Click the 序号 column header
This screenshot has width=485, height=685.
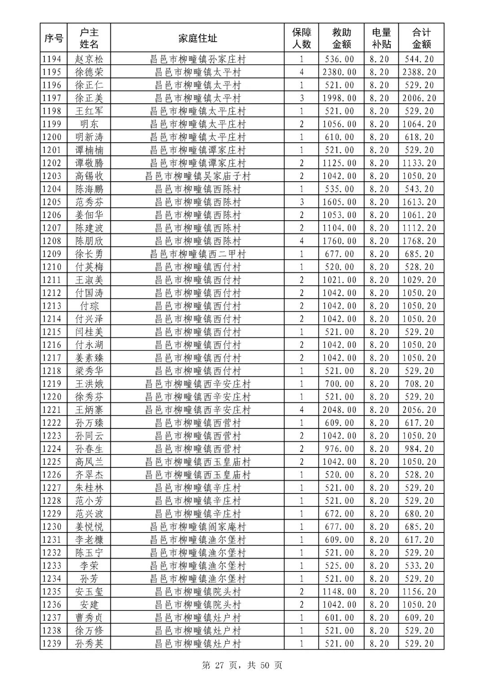(x=53, y=39)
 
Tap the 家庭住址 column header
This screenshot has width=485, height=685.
(x=198, y=39)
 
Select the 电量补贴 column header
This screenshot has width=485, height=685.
(x=381, y=39)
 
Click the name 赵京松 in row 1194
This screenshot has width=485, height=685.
(x=89, y=59)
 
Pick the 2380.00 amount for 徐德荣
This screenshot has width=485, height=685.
(x=339, y=72)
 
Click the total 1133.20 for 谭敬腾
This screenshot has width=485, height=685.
(x=419, y=163)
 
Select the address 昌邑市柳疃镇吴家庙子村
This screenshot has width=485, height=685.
(x=198, y=176)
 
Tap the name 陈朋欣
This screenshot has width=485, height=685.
(x=89, y=241)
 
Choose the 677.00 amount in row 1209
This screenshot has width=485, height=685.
(x=339, y=254)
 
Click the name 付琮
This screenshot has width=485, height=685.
(x=89, y=306)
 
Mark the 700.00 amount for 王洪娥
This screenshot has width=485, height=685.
(x=339, y=384)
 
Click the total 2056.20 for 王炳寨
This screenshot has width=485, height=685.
(x=419, y=410)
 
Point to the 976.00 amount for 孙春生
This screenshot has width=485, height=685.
(x=339, y=449)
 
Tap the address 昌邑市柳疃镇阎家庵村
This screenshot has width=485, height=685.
(x=198, y=527)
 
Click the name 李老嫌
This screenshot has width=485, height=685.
(x=89, y=540)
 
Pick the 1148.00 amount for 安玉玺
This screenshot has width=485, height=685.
(x=339, y=592)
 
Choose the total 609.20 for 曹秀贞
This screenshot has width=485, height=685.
(x=419, y=618)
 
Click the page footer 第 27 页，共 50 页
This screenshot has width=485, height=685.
(x=242, y=666)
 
